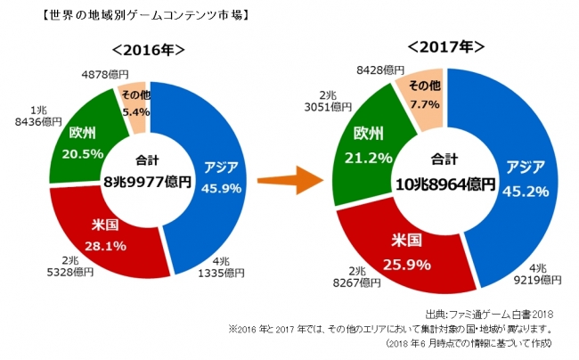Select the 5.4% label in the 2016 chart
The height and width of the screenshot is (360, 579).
tap(134, 113)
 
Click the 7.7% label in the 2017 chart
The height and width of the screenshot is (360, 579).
tap(426, 104)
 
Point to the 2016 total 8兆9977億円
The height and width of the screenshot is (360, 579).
tap(148, 181)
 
